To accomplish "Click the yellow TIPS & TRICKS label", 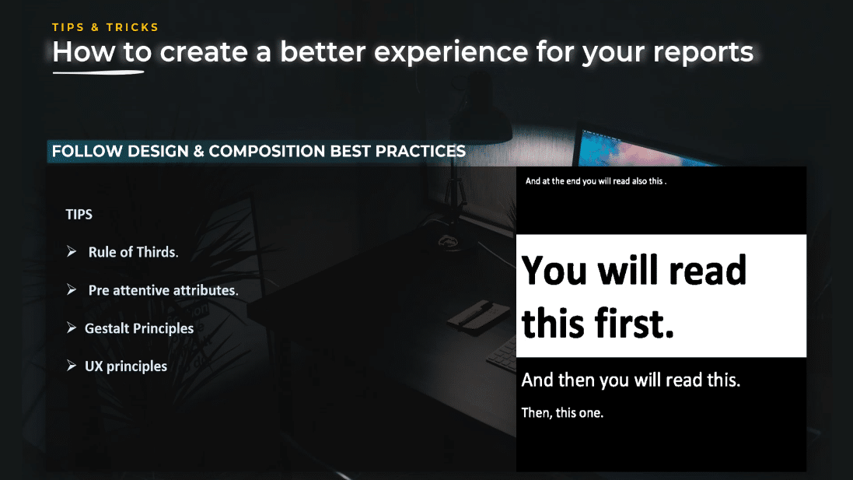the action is click(x=105, y=27).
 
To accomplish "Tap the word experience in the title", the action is click(x=451, y=53).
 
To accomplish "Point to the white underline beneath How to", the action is click(x=99, y=72).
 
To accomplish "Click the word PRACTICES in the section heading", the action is click(x=421, y=151).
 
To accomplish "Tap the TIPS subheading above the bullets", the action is click(x=79, y=215).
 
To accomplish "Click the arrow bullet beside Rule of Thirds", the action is click(x=72, y=251).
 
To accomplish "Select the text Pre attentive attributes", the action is click(x=163, y=291).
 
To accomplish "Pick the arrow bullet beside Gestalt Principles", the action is click(x=72, y=328).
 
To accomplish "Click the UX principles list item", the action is click(x=126, y=366).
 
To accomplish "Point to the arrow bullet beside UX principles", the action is click(x=72, y=366).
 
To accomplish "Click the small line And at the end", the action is click(x=596, y=181).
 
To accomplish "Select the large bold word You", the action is click(x=554, y=271).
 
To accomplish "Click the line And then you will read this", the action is click(x=631, y=380).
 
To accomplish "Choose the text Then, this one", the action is click(x=562, y=413).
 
